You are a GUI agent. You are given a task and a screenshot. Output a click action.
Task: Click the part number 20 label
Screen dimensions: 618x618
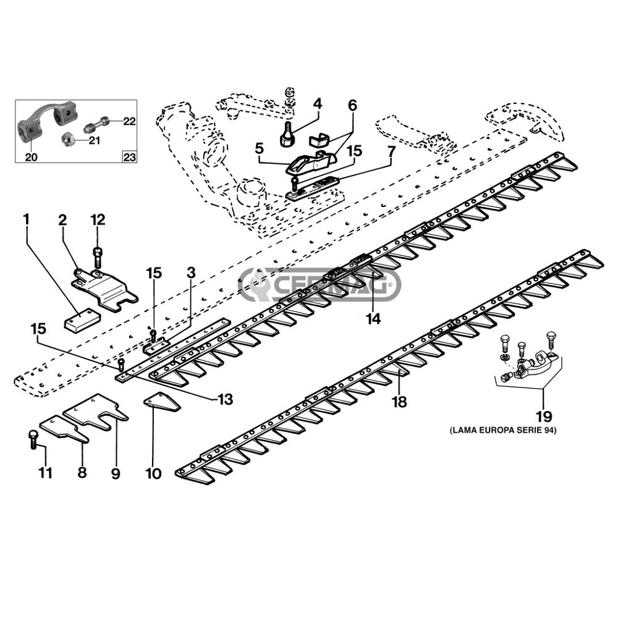point(31,157)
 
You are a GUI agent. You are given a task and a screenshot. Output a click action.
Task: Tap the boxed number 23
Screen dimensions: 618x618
point(129,157)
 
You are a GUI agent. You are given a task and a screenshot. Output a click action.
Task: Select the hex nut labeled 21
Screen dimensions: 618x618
point(70,139)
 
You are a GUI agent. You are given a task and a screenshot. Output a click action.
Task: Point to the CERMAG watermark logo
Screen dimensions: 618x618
point(320,284)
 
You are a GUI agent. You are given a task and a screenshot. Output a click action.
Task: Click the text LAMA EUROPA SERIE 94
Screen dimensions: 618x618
point(503,430)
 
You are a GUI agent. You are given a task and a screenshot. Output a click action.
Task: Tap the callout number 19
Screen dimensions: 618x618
point(543,416)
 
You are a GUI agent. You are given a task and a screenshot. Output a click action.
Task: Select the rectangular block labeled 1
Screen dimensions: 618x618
point(82,319)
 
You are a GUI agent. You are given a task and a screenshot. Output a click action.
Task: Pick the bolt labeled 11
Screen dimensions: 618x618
point(33,439)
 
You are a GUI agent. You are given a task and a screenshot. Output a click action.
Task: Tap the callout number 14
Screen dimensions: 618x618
point(373,318)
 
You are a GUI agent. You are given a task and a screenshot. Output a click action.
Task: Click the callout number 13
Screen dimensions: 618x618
point(225,399)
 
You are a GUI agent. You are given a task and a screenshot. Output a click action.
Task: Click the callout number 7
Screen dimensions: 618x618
point(391,151)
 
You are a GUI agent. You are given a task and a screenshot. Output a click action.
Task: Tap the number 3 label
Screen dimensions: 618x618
point(191,273)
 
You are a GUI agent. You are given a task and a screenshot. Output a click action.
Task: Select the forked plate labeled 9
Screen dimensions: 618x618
point(96,412)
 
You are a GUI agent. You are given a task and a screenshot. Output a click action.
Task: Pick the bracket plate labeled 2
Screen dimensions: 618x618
point(104,289)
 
